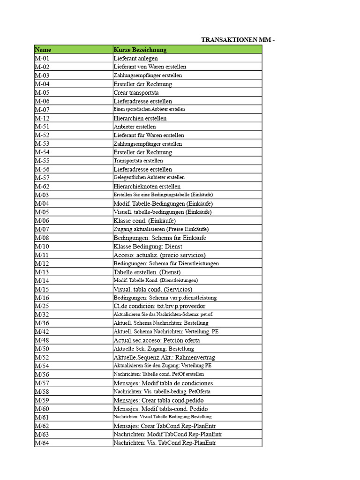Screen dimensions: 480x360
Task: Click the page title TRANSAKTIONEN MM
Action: [238, 40]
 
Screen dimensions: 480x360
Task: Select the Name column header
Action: [43, 50]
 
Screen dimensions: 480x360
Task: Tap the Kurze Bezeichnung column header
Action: [140, 50]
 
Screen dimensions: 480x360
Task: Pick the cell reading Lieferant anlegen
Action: [135, 59]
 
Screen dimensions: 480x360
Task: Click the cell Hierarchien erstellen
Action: [140, 118]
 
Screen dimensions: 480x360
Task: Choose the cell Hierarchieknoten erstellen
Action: [147, 186]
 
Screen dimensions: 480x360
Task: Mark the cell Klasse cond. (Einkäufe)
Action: [144, 220]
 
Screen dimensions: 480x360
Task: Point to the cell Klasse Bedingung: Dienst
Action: [148, 246]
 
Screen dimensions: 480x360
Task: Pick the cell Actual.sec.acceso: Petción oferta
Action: [157, 340]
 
